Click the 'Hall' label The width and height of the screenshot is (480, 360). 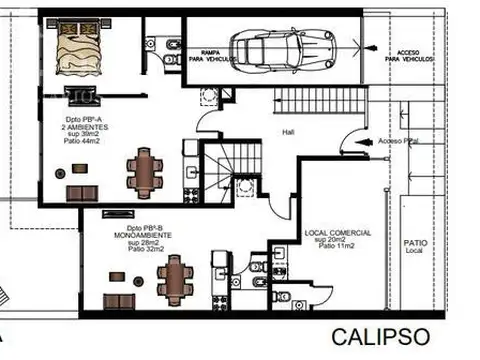[288, 131]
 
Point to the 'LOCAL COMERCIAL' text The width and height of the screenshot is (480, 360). [337, 233]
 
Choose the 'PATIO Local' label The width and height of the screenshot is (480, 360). [415, 245]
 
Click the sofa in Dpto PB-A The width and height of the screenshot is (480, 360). [77, 191]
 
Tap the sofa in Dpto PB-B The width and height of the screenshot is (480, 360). [121, 299]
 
